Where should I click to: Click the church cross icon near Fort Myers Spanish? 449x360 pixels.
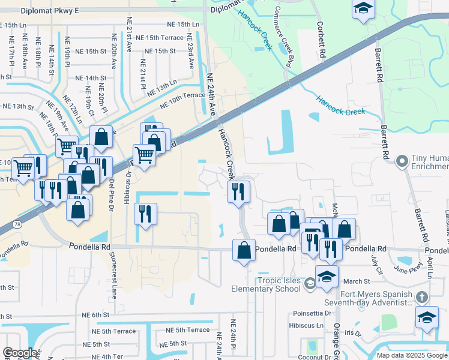pyautogui.click(x=422, y=297)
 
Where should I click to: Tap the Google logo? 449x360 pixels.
pyautogui.click(x=20, y=353)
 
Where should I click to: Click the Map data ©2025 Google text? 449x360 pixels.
pyautogui.click(x=412, y=355)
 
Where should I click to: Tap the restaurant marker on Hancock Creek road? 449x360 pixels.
pyautogui.click(x=238, y=192)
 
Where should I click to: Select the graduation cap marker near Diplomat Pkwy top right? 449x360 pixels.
pyautogui.click(x=363, y=9)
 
